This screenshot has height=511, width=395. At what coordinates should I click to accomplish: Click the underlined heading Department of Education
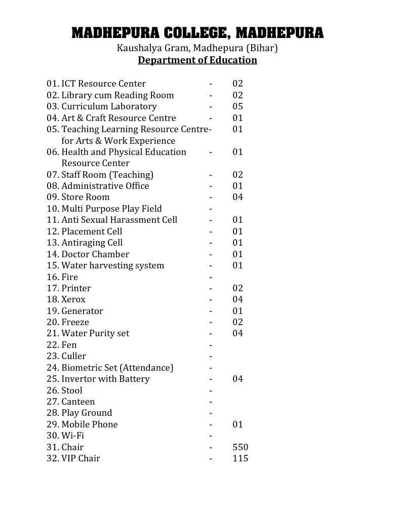(x=197, y=60)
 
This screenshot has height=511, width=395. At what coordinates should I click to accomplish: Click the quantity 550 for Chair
(x=241, y=447)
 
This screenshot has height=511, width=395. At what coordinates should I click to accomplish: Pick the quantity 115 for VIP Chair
(x=241, y=458)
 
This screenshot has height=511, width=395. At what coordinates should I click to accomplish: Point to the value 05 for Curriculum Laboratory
(x=238, y=106)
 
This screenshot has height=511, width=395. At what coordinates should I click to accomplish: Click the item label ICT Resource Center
(x=103, y=84)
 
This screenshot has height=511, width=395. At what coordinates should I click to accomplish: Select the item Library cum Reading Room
(x=117, y=95)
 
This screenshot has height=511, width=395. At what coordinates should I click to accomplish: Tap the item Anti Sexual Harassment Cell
(x=119, y=220)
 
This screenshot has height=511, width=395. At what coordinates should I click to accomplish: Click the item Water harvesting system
(x=112, y=265)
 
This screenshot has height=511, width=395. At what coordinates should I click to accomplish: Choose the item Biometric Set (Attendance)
(x=117, y=368)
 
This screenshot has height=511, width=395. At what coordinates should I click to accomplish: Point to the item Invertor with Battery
(x=105, y=379)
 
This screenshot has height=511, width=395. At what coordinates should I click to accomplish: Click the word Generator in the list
(x=82, y=311)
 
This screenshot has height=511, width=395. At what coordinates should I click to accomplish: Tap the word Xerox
(x=73, y=299)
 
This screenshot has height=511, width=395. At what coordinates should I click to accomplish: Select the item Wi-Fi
(x=72, y=436)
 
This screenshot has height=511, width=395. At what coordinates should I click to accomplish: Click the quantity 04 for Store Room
(x=238, y=197)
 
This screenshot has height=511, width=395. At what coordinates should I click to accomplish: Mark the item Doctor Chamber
(x=95, y=254)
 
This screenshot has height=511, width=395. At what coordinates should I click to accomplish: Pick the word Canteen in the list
(x=78, y=402)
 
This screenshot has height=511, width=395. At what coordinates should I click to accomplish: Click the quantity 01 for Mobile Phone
(x=238, y=424)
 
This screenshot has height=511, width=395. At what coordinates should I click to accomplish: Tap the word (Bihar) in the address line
(x=262, y=49)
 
